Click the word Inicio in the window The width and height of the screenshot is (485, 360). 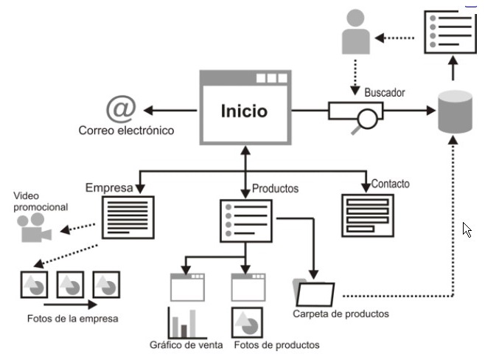click(x=244, y=112)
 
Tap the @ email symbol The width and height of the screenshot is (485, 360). click(x=120, y=108)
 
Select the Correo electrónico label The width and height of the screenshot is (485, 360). click(x=126, y=131)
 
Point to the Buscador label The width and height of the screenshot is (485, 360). click(x=384, y=93)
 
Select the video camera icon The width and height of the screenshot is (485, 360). click(x=32, y=230)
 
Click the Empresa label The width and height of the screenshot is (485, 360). click(x=108, y=187)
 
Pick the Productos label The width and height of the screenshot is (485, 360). click(x=275, y=188)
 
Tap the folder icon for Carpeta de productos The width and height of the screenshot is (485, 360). click(x=315, y=292)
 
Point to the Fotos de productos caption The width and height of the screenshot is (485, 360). click(x=276, y=345)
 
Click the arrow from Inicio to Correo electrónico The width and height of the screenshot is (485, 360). click(x=170, y=111)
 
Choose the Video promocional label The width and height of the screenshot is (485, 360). click(x=41, y=202)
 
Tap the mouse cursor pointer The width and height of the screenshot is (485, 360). click(x=467, y=229)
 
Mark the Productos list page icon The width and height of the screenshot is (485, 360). click(x=247, y=220)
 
